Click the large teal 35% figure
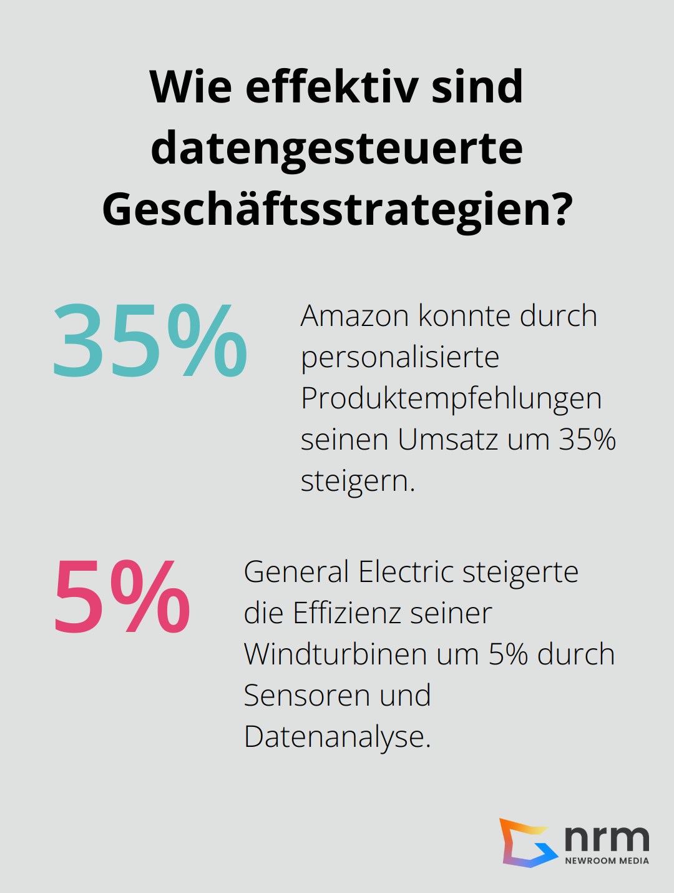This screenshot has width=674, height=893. [x=150, y=341]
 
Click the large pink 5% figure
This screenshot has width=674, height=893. [x=122, y=597]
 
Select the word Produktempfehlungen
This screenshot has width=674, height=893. [x=451, y=399]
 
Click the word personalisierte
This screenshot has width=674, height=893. [x=399, y=358]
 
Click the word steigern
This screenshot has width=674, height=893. [x=357, y=481]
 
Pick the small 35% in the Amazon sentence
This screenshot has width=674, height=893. [x=587, y=440]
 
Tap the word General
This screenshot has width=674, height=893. [x=296, y=572]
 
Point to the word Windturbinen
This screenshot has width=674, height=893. [x=335, y=654]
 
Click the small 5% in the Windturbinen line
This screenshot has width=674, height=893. [x=508, y=654]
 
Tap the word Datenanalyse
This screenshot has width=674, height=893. [x=336, y=738]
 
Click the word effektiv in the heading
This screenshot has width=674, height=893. [x=331, y=87]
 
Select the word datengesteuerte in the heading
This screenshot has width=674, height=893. [x=337, y=149]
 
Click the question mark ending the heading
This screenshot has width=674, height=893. [x=559, y=209]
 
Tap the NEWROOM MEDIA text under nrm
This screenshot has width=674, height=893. [x=607, y=861]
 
